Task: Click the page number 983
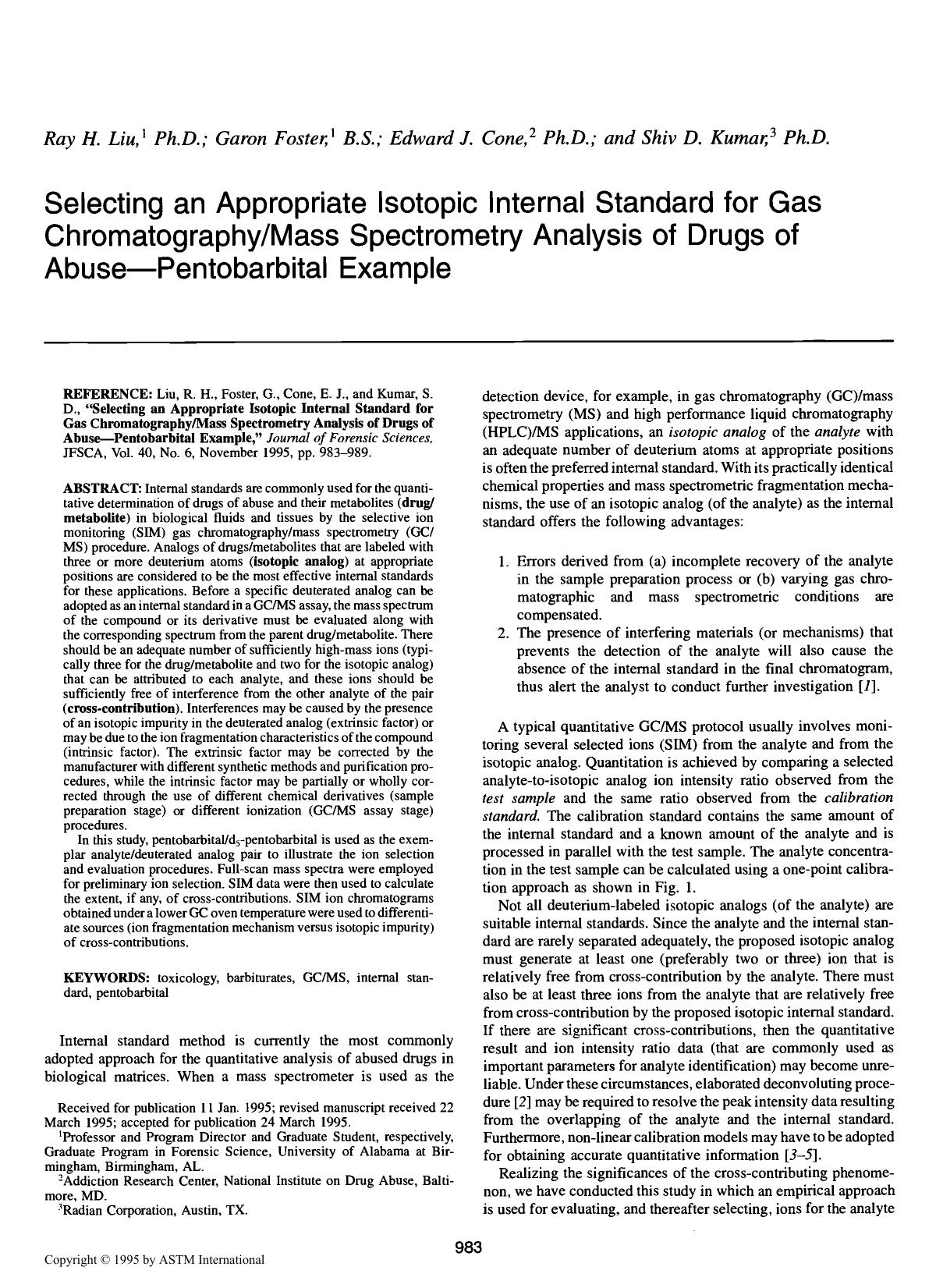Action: (x=468, y=1247)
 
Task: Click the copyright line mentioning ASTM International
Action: (x=154, y=1259)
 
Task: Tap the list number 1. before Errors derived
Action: (x=505, y=561)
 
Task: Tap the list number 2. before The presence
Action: (x=505, y=633)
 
